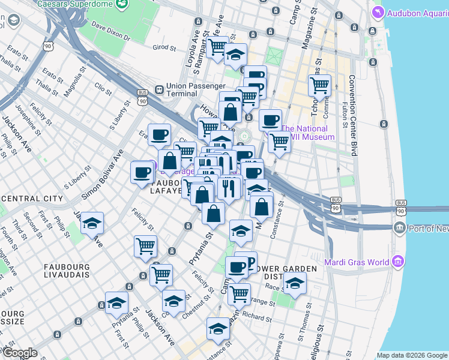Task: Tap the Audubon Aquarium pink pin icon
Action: point(377,12)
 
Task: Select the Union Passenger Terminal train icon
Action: point(159,89)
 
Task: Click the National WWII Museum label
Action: point(307,133)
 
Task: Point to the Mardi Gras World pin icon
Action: point(397,262)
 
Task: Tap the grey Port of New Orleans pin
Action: point(399,228)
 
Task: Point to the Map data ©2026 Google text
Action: point(412,355)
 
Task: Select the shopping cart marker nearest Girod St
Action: point(217,46)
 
